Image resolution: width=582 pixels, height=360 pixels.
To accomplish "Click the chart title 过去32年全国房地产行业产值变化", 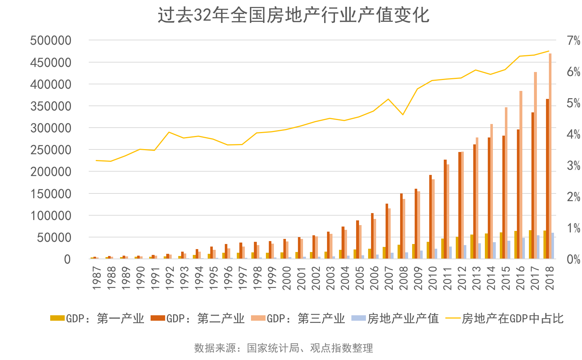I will (293, 16).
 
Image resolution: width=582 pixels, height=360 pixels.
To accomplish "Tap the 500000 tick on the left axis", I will (51, 40).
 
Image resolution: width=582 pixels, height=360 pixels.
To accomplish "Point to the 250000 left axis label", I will (51, 150).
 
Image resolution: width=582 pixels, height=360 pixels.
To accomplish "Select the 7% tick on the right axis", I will (573, 40).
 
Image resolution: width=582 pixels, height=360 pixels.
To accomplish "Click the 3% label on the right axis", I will (573, 166).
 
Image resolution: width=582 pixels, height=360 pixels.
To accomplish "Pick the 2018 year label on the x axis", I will (550, 278).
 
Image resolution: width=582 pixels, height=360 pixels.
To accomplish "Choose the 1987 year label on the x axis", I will (97, 278).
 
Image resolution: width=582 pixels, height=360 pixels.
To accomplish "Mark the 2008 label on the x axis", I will (403, 278).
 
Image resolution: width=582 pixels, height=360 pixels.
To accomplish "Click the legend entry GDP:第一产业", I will (97, 319).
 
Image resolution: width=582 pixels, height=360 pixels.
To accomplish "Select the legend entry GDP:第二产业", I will (198, 319).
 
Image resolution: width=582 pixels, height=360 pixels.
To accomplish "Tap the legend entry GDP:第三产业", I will (298, 319).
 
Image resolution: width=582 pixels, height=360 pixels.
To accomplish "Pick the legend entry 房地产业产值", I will (395, 319).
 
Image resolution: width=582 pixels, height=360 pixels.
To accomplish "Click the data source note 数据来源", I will (283, 348).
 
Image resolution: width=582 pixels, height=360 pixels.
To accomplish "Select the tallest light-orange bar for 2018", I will (550, 156).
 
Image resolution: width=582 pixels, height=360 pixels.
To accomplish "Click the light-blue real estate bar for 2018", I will (553, 246).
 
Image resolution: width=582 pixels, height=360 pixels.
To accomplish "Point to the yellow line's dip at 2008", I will (403, 115).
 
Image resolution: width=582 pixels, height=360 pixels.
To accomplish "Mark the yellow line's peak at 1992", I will (169, 132).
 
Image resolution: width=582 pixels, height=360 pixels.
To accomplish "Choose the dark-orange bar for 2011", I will (445, 209).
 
